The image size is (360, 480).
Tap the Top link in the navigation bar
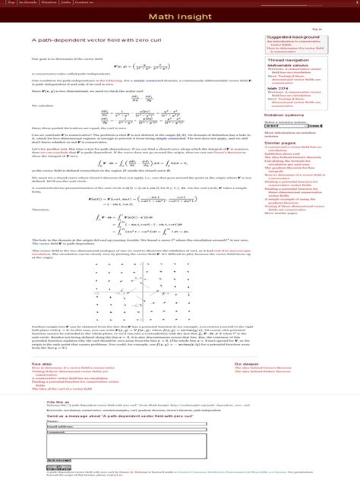point(11,2)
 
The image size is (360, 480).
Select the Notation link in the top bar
point(49,2)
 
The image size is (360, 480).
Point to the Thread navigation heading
point(288,59)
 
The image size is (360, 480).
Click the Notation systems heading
point(286,115)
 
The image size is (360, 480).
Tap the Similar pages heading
point(281,142)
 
